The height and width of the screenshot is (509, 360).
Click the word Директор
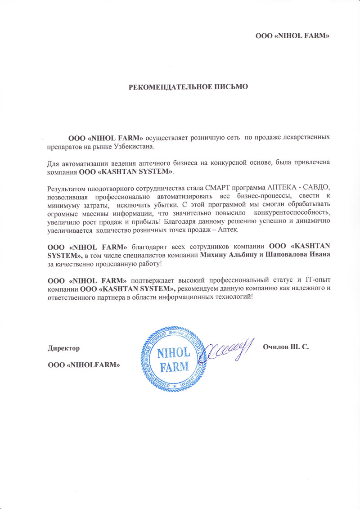pos(64,348)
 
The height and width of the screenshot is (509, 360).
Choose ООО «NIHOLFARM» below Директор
pos(84,365)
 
